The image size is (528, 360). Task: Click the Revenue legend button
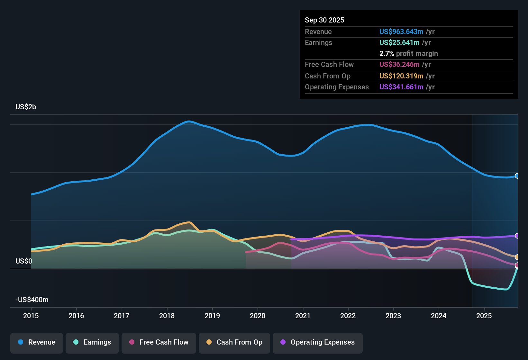click(37, 342)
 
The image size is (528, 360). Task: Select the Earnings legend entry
click(92, 342)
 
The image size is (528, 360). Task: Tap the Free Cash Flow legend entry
click(159, 342)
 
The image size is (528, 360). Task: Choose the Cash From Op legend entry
click(234, 342)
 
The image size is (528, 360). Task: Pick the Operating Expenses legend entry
click(318, 342)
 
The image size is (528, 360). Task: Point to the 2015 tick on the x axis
click(31, 316)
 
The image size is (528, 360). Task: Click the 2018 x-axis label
click(167, 316)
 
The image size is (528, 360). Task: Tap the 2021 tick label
click(303, 316)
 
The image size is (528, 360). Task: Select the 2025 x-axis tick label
click(484, 316)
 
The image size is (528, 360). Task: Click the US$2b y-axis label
click(26, 107)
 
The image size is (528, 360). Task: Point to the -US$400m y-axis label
click(32, 300)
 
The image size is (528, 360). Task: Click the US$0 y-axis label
click(24, 261)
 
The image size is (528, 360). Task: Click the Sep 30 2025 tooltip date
click(324, 20)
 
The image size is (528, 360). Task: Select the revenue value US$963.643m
click(401, 32)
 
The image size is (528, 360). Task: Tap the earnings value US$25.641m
click(399, 42)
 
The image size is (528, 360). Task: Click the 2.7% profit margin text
click(408, 53)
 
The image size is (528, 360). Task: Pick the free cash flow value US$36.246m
click(399, 64)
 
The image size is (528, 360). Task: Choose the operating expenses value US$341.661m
click(401, 87)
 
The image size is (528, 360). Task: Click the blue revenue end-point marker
click(517, 176)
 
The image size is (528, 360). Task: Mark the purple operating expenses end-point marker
click(517, 236)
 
